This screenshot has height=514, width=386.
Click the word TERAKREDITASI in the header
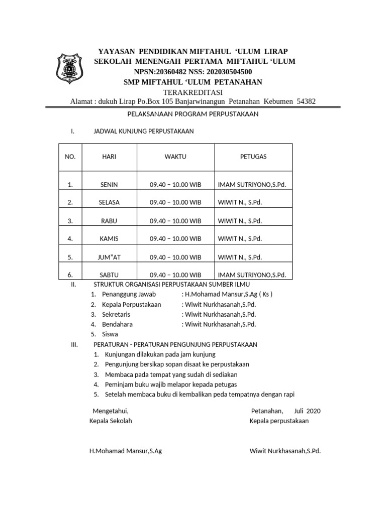coord(193,92)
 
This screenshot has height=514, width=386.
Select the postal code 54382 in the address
coord(306,101)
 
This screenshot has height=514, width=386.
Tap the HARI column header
coord(109,157)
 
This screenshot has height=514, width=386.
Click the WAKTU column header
coord(175,157)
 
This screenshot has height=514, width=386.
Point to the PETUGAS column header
coord(253,157)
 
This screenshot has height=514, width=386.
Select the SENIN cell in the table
coord(109,185)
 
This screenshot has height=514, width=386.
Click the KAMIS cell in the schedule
coord(109,239)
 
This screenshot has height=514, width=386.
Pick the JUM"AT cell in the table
coord(109,257)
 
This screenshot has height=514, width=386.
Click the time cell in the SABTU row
coord(175,275)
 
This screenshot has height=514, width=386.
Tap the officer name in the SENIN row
coord(251,185)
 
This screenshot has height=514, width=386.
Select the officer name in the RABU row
coord(240,221)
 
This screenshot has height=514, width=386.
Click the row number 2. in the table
coord(70,203)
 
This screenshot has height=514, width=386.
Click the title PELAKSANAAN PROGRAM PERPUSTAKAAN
coord(193,114)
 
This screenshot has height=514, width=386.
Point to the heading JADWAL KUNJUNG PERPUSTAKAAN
coord(144,132)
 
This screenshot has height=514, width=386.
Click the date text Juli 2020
coord(308,411)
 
